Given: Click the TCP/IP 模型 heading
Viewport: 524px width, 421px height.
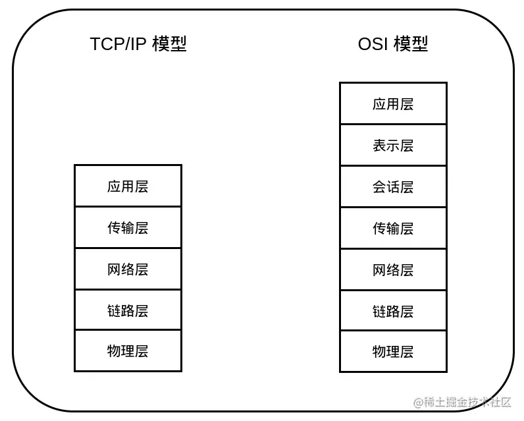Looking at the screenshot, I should pos(138,44).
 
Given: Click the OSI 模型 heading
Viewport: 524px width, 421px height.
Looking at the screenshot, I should pos(393,44).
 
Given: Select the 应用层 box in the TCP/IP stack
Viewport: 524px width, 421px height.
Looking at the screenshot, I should pos(128,186).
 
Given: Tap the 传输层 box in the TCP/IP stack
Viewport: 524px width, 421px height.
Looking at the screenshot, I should pos(128,228).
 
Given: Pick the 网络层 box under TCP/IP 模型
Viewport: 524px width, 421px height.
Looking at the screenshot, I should pos(128,269).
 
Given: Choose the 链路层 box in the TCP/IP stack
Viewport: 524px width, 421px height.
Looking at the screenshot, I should pos(128,310).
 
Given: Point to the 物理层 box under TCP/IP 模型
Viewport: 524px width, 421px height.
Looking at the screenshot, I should pos(128,351).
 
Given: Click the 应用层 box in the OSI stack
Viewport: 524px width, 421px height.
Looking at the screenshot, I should pos(393,104).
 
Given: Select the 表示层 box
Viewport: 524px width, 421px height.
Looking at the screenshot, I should pos(393,146).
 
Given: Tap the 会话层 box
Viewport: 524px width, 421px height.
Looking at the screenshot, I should pos(393,187).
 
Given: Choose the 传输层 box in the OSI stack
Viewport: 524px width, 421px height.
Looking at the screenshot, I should pos(393,229).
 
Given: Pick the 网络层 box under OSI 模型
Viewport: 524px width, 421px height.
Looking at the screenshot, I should pos(393,270).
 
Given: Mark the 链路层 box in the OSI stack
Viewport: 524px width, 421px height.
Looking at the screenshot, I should pos(393,311).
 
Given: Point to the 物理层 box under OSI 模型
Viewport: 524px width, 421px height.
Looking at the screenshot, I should pos(393,352).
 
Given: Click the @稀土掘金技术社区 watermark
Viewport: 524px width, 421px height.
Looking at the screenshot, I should pos(462,402).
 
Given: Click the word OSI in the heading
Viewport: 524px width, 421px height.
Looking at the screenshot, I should pos(373,44).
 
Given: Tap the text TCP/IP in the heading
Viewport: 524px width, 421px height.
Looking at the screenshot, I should pos(118,44).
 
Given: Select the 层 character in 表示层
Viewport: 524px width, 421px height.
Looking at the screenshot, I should pos(407,146).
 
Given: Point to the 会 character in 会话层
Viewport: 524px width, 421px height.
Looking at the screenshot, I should pos(379,187).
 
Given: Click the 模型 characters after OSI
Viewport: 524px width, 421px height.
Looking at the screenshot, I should pos(411,44).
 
